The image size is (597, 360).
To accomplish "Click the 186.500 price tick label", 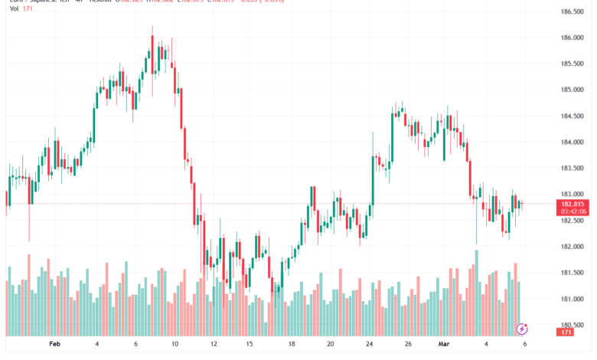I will tap(573, 11).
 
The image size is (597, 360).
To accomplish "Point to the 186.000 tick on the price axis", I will tap(573, 38).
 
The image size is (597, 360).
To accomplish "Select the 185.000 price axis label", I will tap(573, 90).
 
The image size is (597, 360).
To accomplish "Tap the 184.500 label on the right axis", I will tap(573, 116).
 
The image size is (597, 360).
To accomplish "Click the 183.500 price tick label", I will tap(573, 169).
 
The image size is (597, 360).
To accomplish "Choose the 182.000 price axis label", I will tap(573, 247).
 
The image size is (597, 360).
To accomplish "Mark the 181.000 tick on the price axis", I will tap(573, 299).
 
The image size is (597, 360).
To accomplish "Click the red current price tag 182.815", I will tap(573, 205).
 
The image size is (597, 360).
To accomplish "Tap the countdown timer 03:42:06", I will tap(573, 212).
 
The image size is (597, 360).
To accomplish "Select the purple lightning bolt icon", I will tap(523, 329).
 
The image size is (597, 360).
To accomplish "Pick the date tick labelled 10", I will tap(175, 345).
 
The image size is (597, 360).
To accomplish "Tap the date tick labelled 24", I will tap(370, 345).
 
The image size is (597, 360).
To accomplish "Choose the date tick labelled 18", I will tap(292, 345).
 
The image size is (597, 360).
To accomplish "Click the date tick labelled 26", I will tap(408, 345).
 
